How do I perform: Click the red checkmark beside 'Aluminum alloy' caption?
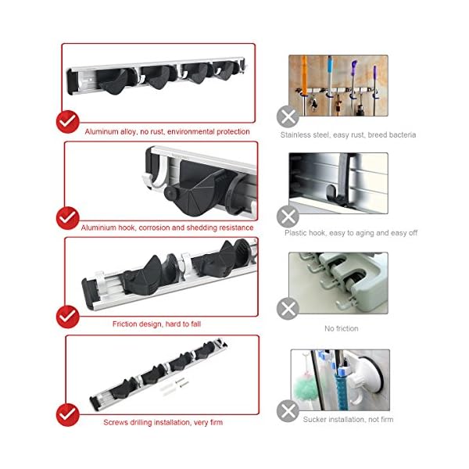(x=67, y=122)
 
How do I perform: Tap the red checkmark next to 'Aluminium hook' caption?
(x=67, y=218)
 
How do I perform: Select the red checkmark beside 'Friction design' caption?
(x=67, y=317)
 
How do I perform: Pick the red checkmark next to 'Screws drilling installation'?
(x=67, y=415)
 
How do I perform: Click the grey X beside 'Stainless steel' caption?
(x=288, y=116)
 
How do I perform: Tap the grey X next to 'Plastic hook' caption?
(x=288, y=217)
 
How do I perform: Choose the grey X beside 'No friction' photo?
(x=288, y=309)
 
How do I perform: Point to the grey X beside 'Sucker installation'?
(x=288, y=410)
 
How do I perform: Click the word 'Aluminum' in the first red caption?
(x=102, y=131)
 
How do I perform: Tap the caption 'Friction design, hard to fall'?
(x=156, y=324)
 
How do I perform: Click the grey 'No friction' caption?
(x=342, y=328)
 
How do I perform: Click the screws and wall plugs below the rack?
(x=174, y=386)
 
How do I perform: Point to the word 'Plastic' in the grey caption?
(x=296, y=233)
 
